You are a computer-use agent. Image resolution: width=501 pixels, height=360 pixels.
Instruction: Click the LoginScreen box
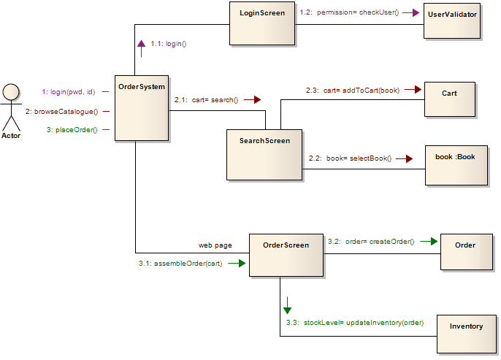click(x=262, y=23)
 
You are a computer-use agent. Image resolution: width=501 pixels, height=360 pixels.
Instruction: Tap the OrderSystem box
click(x=142, y=107)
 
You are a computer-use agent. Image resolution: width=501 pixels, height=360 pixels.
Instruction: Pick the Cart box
click(x=449, y=99)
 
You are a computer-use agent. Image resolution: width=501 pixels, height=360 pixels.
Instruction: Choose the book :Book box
click(x=455, y=166)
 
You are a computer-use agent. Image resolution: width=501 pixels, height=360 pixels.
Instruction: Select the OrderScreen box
click(x=286, y=255)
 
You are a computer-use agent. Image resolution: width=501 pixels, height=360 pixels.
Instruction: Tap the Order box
click(x=465, y=251)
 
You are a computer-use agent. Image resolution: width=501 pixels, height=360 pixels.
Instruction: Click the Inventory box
click(x=466, y=335)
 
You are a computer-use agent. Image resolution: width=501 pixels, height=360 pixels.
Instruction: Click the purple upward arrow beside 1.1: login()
click(x=141, y=45)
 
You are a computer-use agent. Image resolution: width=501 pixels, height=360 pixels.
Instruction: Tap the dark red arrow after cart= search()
click(x=253, y=99)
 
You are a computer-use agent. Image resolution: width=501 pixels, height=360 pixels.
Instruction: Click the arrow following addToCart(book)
click(x=414, y=90)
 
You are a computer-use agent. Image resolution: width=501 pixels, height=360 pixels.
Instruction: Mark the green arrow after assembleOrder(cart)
click(x=237, y=263)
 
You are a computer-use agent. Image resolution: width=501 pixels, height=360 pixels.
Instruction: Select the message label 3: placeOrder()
click(x=72, y=130)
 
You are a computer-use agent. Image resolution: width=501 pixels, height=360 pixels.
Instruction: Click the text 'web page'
click(x=215, y=245)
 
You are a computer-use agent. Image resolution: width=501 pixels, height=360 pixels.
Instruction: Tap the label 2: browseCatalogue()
click(x=61, y=111)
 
